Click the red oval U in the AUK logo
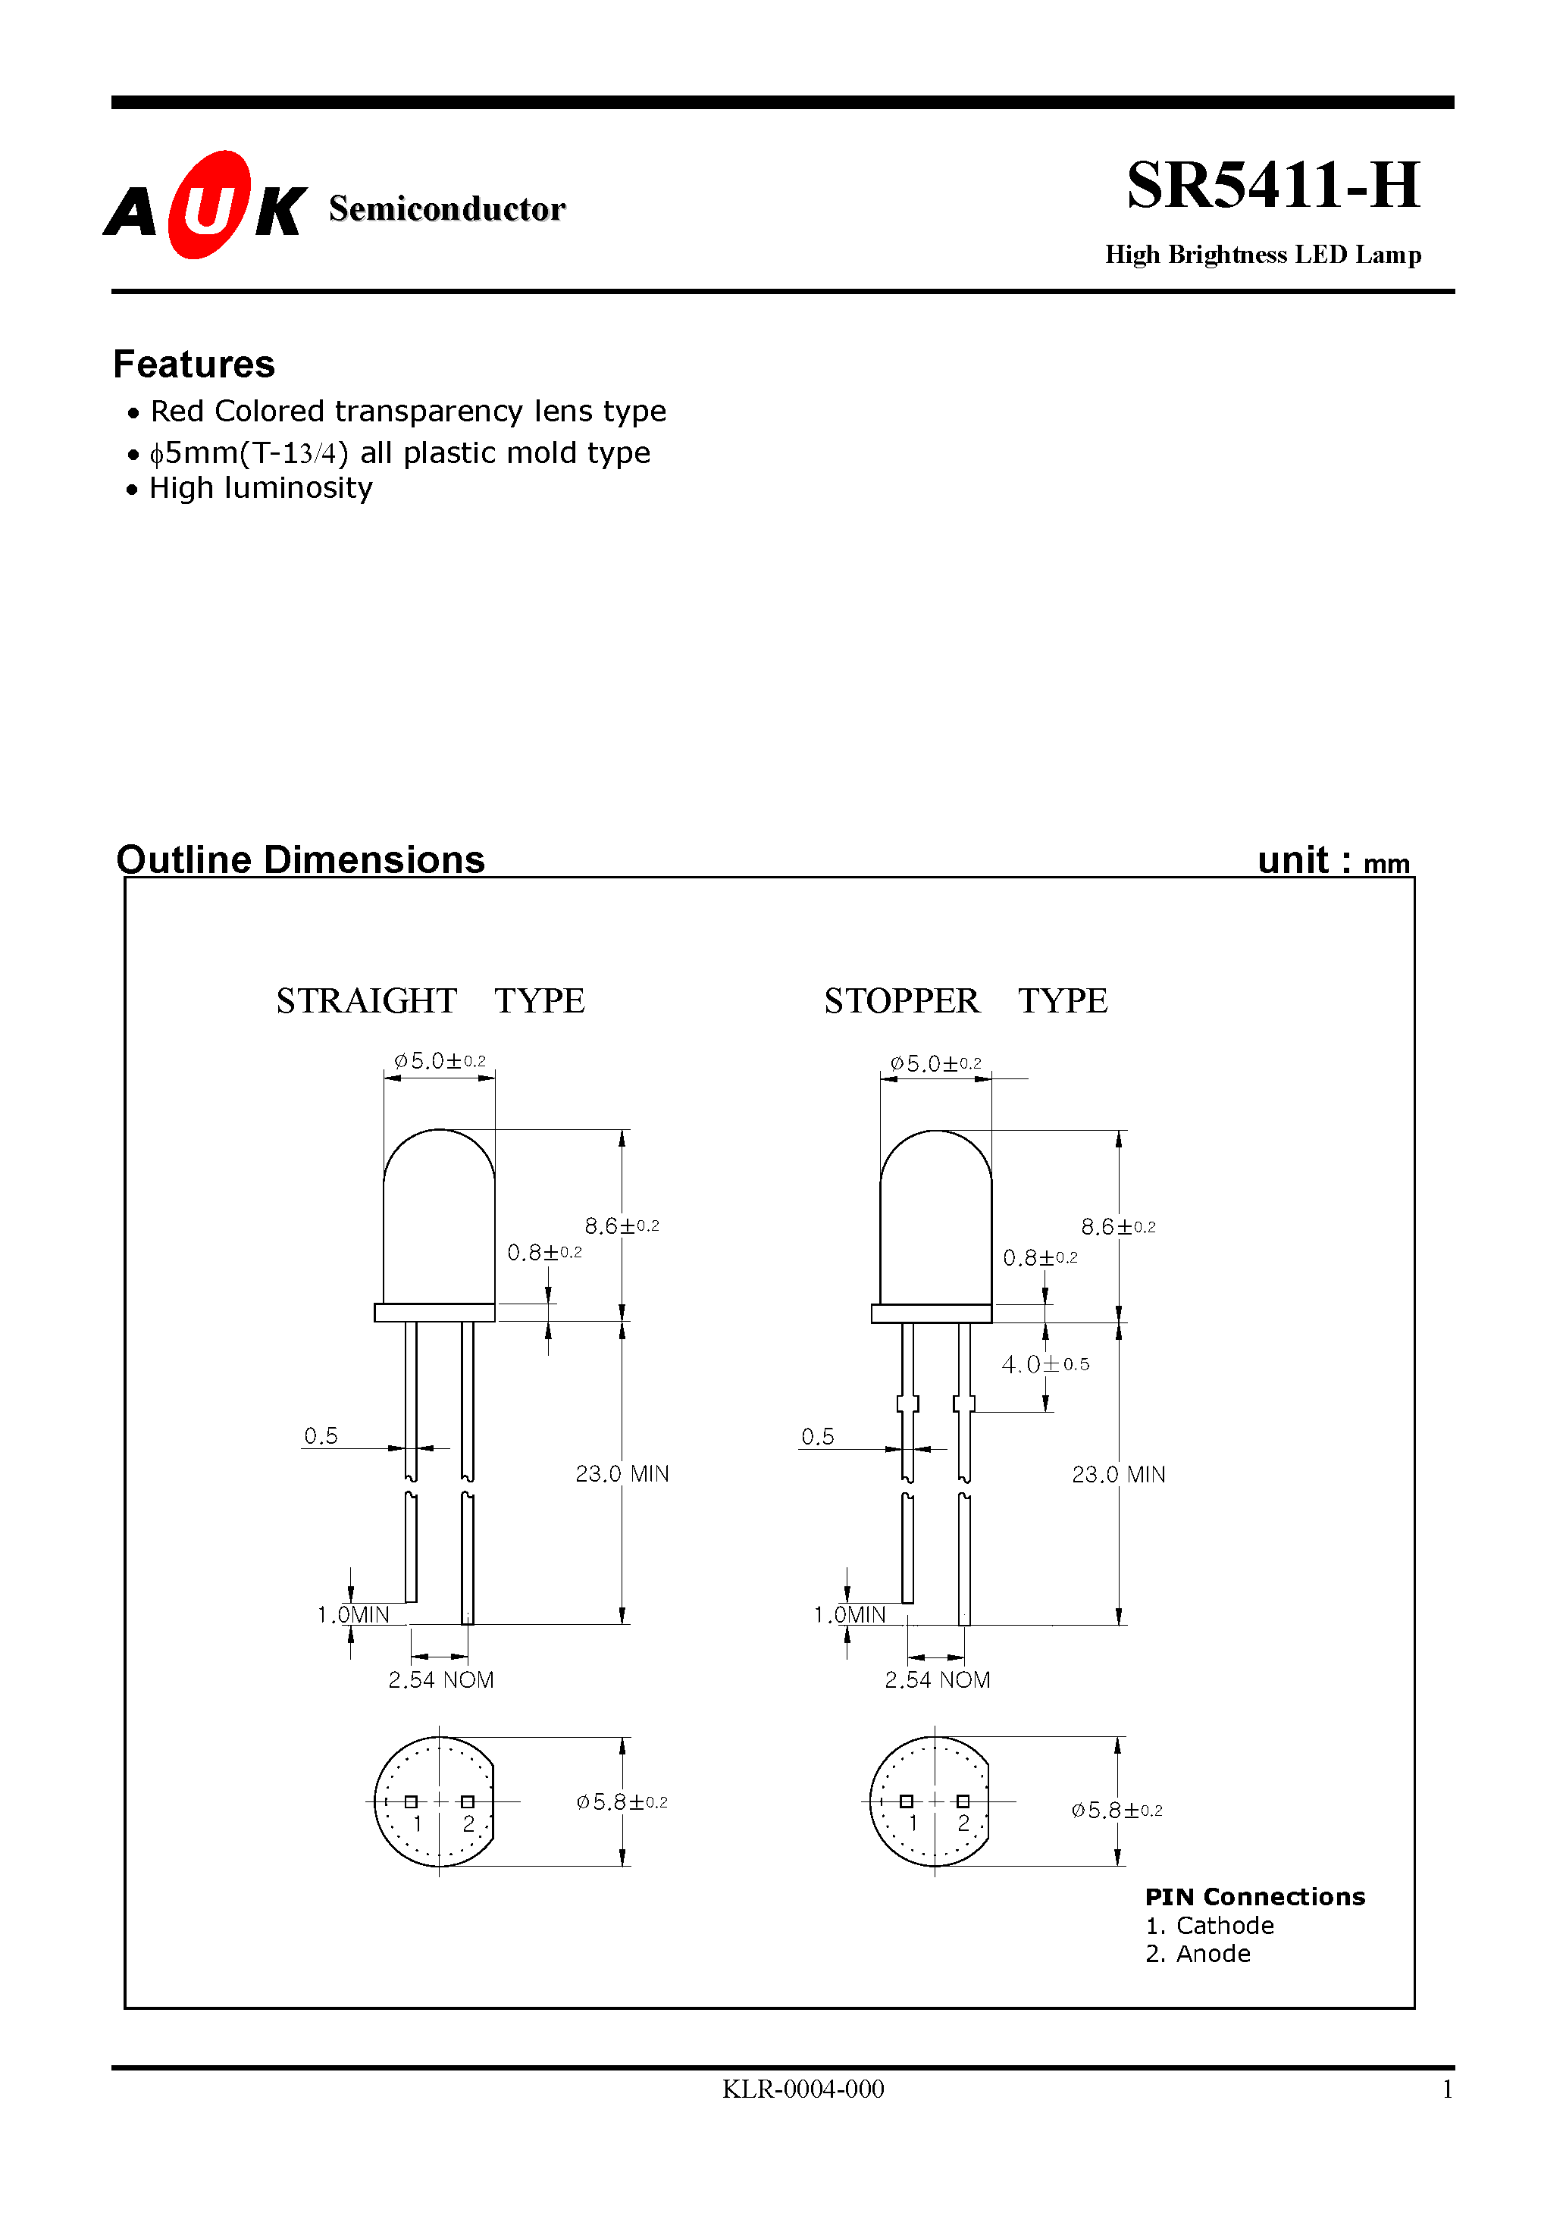(208, 205)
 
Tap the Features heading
(194, 364)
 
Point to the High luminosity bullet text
(261, 488)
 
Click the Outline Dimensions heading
(300, 859)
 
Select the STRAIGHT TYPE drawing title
(430, 1001)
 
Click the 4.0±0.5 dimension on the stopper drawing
(1045, 1363)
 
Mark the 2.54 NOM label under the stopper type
(938, 1680)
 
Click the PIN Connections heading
(1254, 1896)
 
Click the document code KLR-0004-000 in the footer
(802, 2089)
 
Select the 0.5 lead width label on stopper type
(817, 1436)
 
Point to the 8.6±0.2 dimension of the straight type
(622, 1225)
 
